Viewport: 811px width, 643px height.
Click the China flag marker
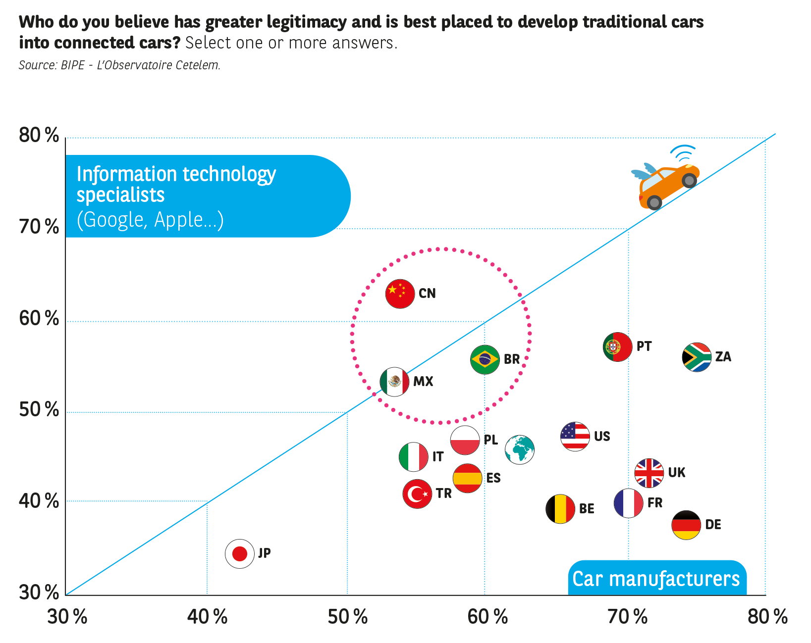[400, 294]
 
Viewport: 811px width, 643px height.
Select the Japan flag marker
[240, 553]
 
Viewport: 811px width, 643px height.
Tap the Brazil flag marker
[485, 359]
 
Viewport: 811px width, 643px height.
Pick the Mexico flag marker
[394, 382]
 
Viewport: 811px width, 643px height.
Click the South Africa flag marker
[697, 357]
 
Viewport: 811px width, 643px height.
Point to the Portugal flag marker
[617, 346]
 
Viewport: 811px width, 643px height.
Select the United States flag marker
[575, 437]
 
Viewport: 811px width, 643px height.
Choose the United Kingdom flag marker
[649, 473]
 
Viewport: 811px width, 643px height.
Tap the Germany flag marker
[686, 525]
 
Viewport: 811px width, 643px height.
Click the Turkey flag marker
[417, 494]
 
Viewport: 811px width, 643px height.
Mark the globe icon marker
[519, 449]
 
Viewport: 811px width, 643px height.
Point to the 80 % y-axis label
[39, 135]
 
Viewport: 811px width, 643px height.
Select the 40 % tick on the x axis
[207, 617]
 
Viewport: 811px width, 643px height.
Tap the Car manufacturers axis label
[656, 579]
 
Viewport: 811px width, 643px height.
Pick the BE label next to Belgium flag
[587, 509]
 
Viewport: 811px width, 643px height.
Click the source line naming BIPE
[119, 65]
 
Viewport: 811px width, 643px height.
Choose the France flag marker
[628, 503]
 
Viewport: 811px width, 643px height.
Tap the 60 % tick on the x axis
[487, 617]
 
